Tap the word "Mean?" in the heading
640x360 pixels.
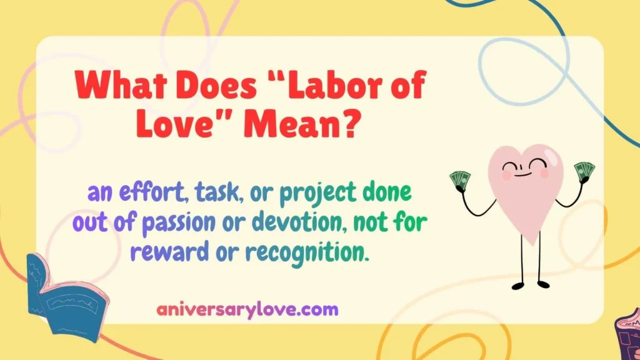coord(303,124)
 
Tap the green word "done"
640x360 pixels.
coord(387,194)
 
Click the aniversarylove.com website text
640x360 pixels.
coord(247,309)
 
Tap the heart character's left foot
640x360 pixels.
coord(518,286)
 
